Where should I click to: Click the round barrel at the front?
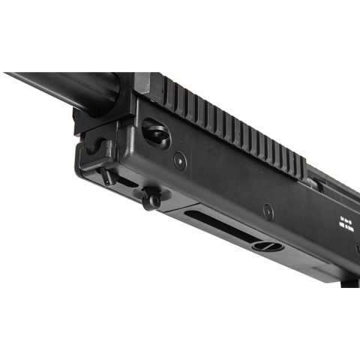click(x=67, y=88)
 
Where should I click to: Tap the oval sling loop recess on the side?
click(x=156, y=133)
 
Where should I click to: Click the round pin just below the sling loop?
click(x=180, y=160)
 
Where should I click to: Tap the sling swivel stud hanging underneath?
click(x=152, y=199)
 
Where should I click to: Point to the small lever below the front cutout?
click(x=109, y=177)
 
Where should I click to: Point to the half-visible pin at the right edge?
click(x=357, y=247)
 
